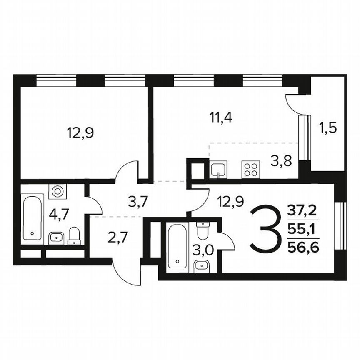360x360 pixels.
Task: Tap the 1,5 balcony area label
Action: (327, 126)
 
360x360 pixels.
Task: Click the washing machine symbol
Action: (57, 192)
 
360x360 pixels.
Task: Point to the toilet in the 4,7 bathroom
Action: (74, 236)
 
